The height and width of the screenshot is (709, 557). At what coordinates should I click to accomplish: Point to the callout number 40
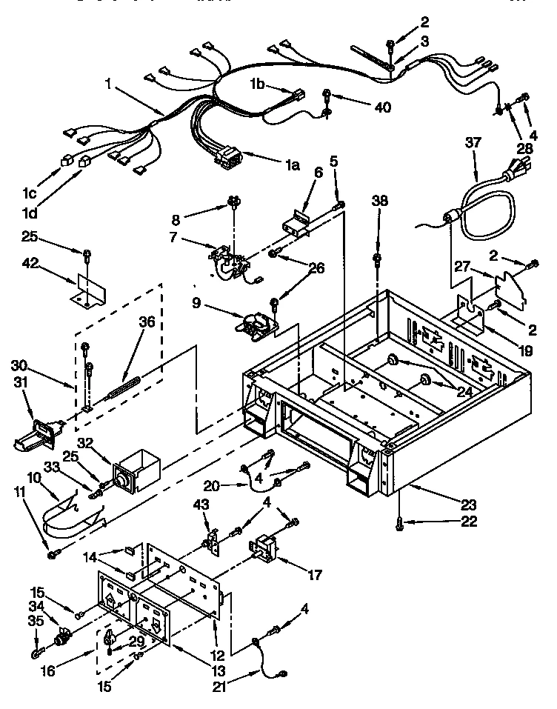(x=382, y=106)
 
